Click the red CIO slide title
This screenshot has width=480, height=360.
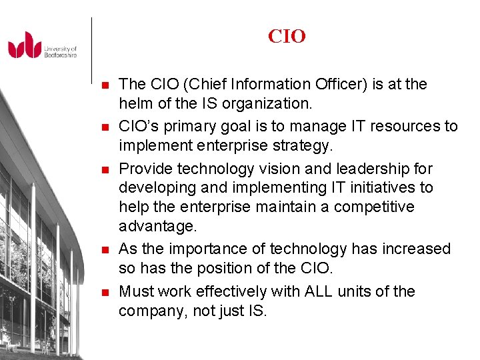pos(287,36)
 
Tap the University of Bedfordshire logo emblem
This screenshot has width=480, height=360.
pos(25,45)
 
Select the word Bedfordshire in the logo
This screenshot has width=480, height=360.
pos(61,55)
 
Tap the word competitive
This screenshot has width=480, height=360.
pos(374,207)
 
